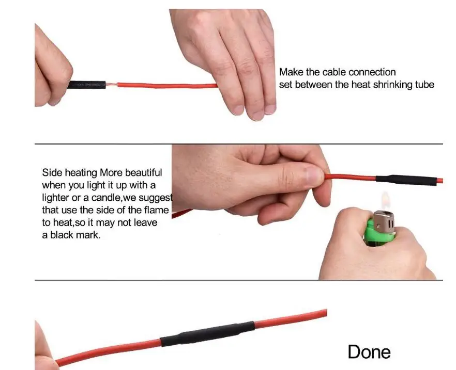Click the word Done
(369, 352)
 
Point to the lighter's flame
(385, 200)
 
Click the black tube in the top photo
(87, 85)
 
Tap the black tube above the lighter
(406, 180)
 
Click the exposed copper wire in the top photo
(111, 85)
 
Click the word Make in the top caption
(291, 72)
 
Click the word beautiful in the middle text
(143, 172)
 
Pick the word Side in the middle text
(52, 172)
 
